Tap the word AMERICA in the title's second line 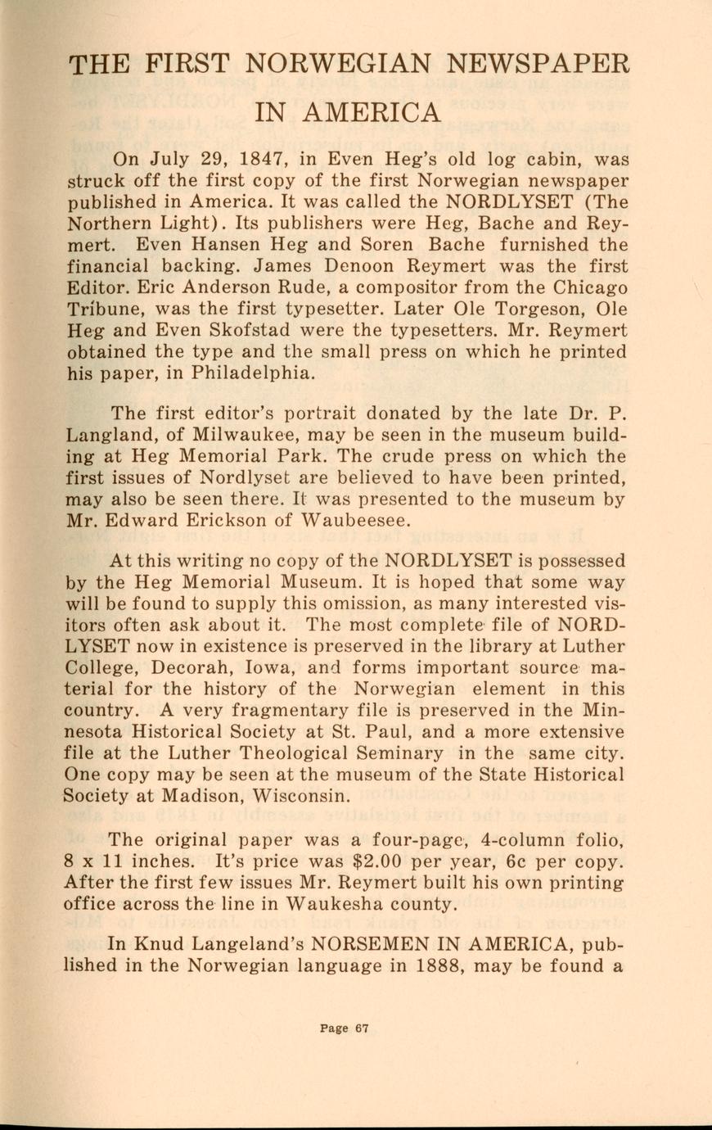coord(371,112)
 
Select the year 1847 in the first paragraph coord(241,159)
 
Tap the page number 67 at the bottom coord(362,1029)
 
